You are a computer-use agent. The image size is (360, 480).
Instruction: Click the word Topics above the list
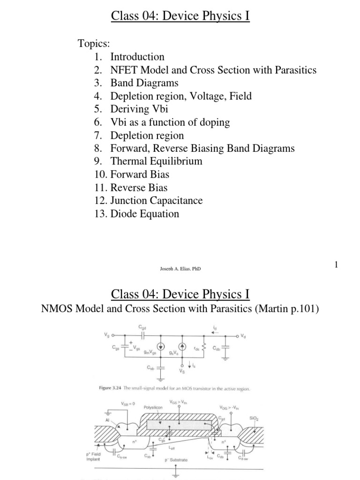[93, 44]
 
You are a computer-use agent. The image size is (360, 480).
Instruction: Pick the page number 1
[336, 265]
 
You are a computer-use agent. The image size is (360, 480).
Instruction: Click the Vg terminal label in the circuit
[106, 336]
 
